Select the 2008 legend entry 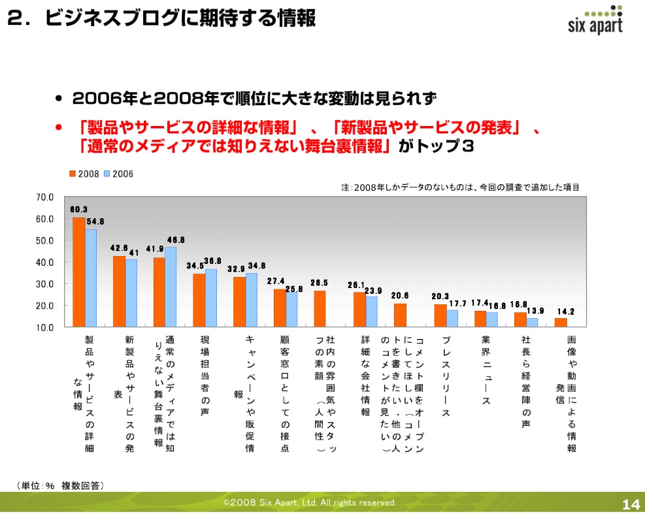point(84,174)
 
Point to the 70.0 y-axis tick point(44,197)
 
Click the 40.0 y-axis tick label point(44,262)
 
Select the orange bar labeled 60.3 point(79,272)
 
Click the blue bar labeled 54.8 point(91,278)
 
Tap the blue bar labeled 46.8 point(171,287)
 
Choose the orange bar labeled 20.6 point(400,315)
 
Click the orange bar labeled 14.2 point(561,322)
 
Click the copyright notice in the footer point(310,503)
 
